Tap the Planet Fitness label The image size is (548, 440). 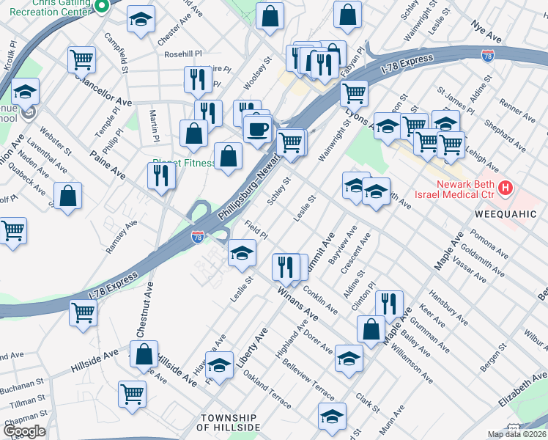[x=183, y=164]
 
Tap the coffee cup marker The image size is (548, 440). [x=257, y=130]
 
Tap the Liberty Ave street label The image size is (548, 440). [x=251, y=349]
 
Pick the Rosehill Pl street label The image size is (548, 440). [x=182, y=54]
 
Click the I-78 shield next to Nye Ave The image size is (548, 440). [x=488, y=56]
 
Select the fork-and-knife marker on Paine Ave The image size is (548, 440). [x=160, y=175]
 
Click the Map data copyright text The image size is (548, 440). [x=516, y=434]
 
